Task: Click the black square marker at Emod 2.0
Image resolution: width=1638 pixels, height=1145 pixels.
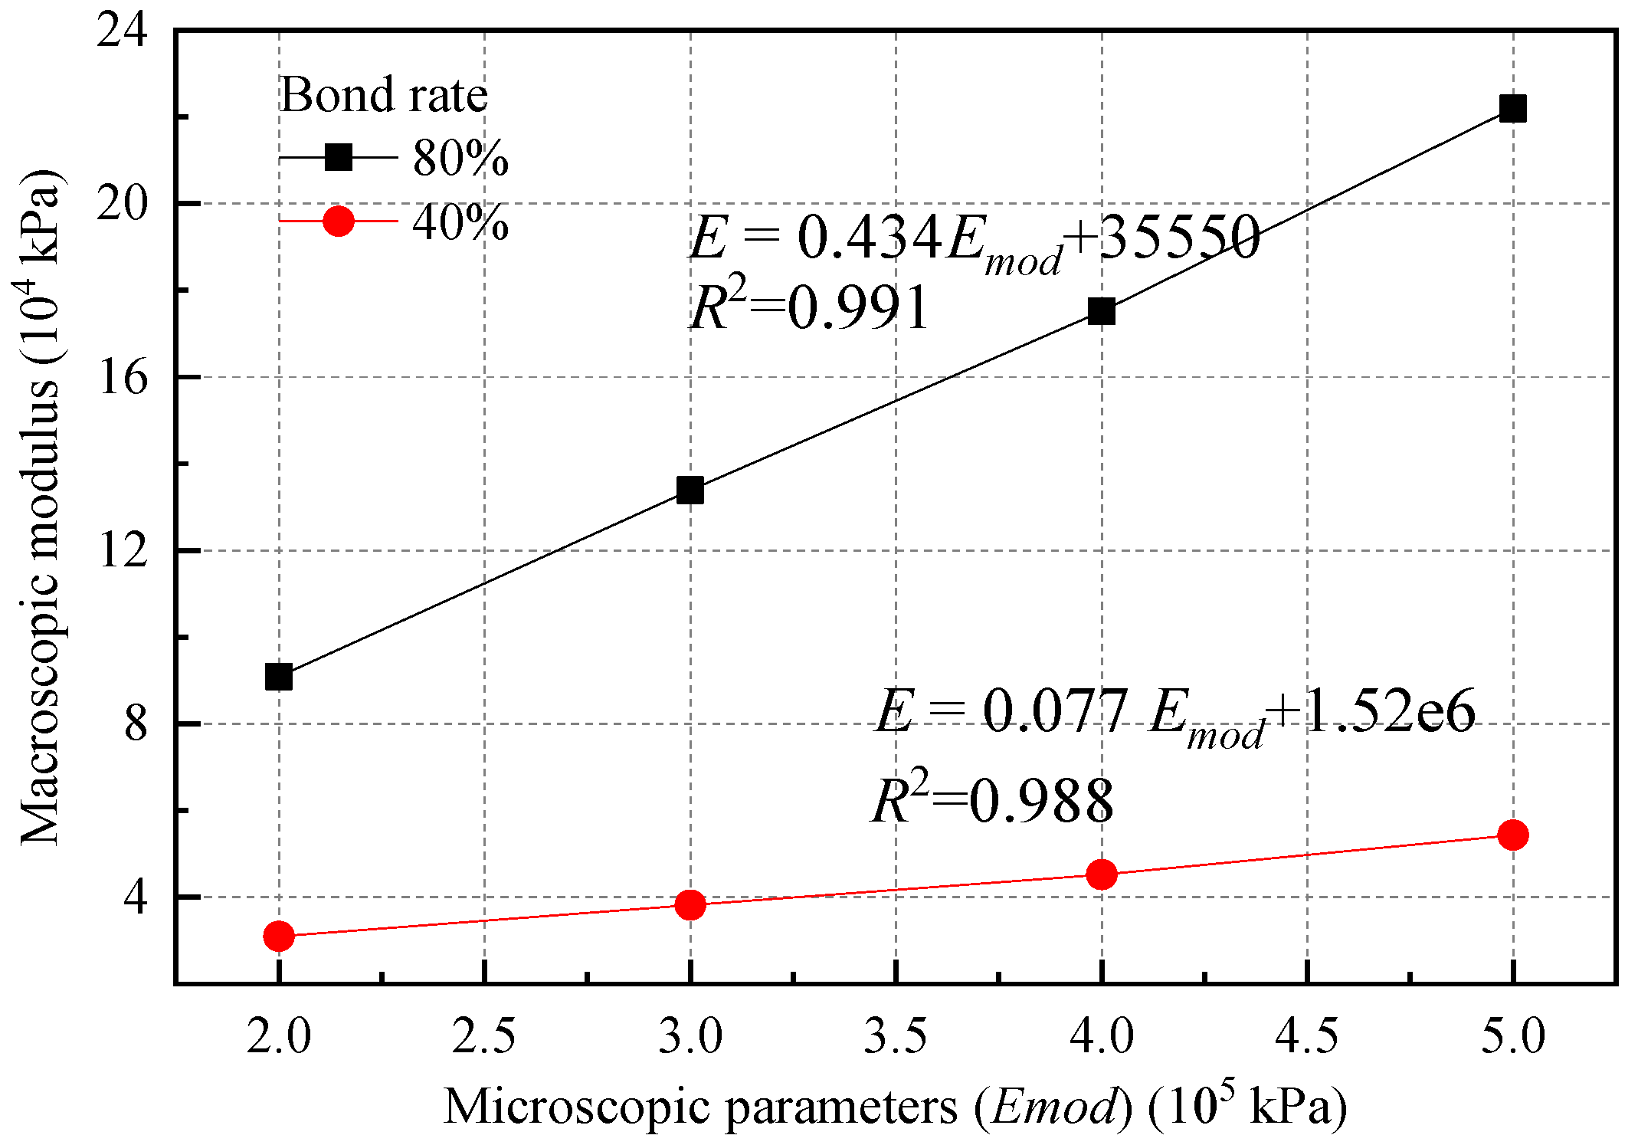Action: point(279,677)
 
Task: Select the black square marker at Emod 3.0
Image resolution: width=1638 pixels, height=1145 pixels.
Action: point(690,490)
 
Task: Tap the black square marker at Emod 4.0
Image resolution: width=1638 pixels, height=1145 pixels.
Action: point(1102,311)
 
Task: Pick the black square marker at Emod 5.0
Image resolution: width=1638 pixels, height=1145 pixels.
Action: point(1513,109)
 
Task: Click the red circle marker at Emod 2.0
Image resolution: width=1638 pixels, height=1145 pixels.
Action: point(279,936)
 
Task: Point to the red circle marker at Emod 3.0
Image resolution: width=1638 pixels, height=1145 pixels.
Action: point(690,904)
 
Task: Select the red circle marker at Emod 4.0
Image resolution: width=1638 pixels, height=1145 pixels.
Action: point(1102,874)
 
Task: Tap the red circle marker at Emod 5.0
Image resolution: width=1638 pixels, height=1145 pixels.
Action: point(1513,835)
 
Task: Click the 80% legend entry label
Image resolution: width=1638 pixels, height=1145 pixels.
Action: point(460,159)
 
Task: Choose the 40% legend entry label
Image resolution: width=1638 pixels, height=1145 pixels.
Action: point(460,223)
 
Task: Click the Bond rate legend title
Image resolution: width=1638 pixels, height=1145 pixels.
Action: point(383,95)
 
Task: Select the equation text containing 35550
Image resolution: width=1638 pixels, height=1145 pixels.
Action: point(975,239)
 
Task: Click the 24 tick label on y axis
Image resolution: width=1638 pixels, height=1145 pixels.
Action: point(122,32)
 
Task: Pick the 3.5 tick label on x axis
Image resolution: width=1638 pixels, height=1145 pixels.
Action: point(895,1036)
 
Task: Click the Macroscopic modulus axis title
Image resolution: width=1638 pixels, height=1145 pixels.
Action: point(40,506)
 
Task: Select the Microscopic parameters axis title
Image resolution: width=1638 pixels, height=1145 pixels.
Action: point(895,1107)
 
